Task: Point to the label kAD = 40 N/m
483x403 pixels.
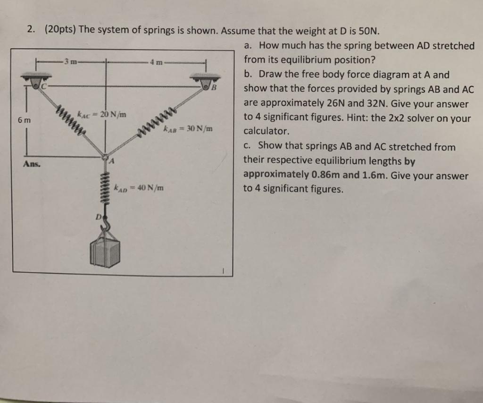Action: click(139, 188)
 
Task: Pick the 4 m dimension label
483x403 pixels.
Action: click(157, 61)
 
